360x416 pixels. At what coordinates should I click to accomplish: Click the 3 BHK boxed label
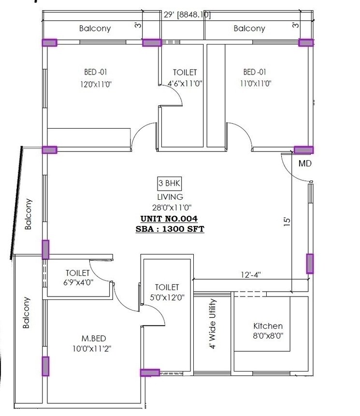[x=170, y=183]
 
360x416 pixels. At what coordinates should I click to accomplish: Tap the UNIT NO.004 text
[x=170, y=219]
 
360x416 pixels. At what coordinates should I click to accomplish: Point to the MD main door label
[x=305, y=163]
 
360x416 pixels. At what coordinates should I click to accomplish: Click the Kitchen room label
[x=268, y=326]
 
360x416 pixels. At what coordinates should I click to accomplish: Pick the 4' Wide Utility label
[x=213, y=324]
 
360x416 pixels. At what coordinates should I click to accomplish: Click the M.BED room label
[x=94, y=338]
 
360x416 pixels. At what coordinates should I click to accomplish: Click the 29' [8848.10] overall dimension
[x=187, y=15]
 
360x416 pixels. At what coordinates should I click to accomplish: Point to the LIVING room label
[x=170, y=197]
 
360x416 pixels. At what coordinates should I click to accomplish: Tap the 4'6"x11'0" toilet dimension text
[x=185, y=83]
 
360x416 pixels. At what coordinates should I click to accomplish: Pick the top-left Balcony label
[x=95, y=29]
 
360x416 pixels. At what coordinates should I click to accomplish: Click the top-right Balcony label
[x=249, y=29]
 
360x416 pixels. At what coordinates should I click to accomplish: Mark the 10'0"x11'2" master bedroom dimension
[x=94, y=348]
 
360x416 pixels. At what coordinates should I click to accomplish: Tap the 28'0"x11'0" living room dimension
[x=170, y=208]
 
